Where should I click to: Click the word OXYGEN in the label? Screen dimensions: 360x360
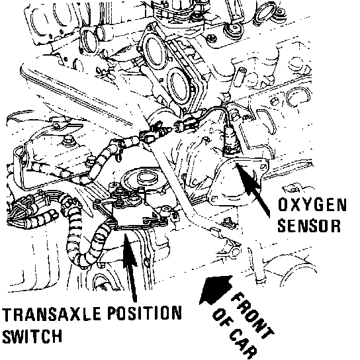312,204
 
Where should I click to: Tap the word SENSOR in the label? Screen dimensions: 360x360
309,226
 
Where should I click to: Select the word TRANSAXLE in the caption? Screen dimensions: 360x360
51,314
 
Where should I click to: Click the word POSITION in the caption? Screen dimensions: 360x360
145,313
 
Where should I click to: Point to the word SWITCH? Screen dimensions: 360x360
32,336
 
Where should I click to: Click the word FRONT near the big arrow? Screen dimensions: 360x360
253,315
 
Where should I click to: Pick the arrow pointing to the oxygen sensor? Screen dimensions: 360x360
253,189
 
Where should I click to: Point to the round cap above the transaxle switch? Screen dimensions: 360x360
147,177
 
